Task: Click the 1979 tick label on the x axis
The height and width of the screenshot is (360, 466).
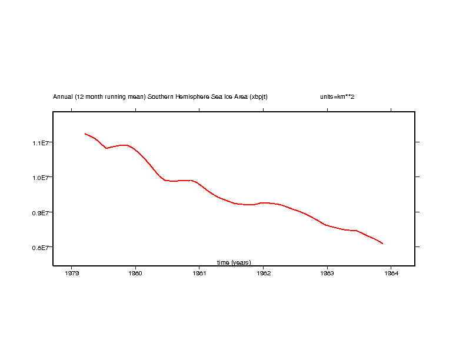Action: click(72, 273)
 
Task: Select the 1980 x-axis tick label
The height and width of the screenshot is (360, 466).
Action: click(135, 273)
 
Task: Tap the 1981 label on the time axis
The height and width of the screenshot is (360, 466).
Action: click(199, 273)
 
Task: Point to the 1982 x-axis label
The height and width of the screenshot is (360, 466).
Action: click(263, 273)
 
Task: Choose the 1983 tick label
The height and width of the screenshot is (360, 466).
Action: click(327, 273)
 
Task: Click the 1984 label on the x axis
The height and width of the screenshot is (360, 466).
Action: click(391, 273)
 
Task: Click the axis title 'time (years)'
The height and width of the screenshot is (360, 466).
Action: click(234, 262)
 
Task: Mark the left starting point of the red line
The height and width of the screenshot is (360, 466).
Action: click(85, 134)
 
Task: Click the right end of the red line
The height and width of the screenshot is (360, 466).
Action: click(383, 243)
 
